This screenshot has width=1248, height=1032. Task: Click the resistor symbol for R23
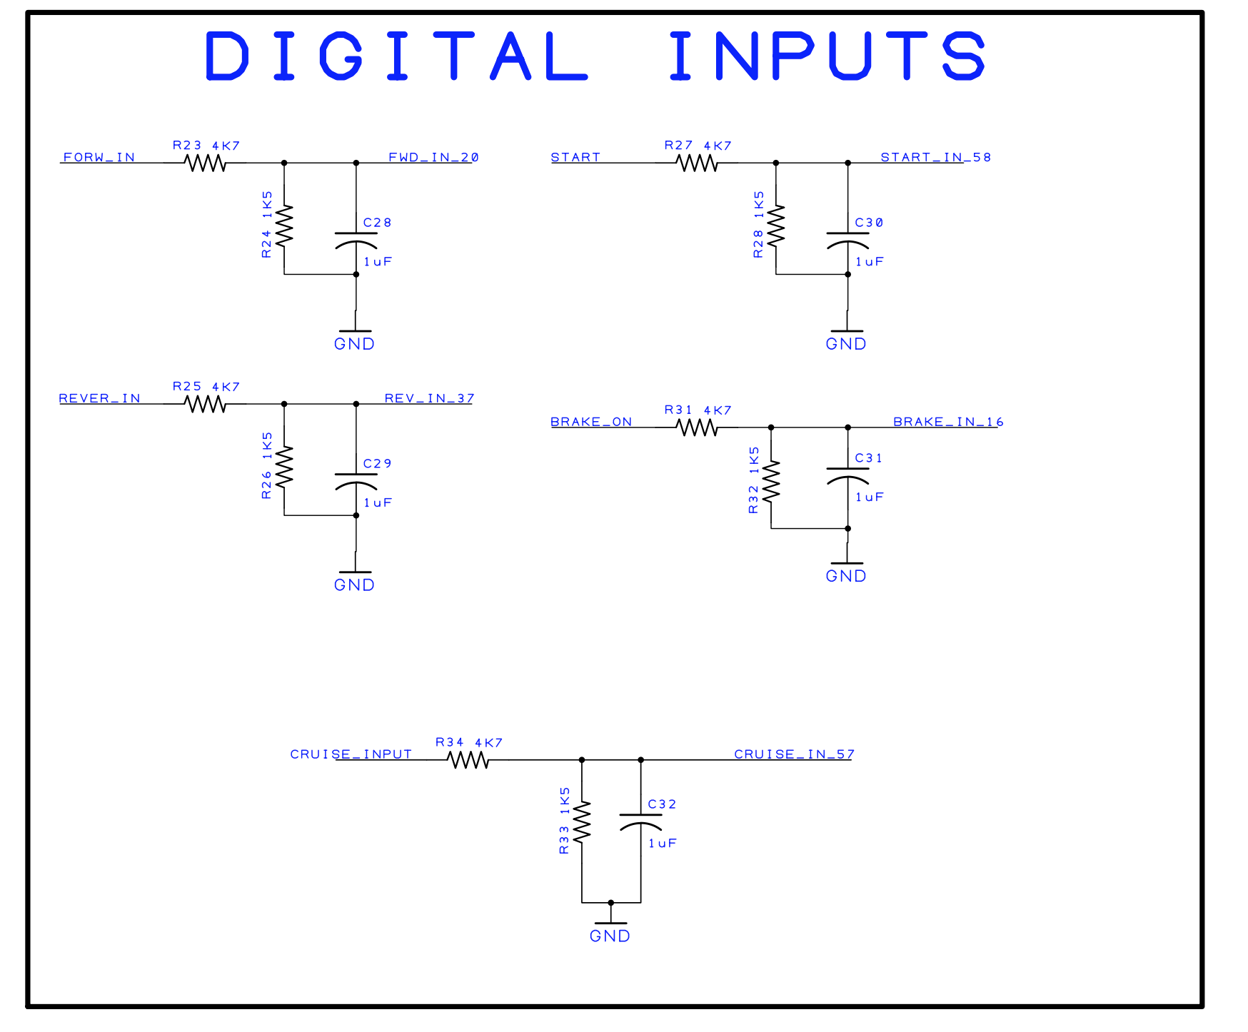206,163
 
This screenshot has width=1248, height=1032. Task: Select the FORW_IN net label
99,157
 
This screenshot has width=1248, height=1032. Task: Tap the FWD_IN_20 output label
433,157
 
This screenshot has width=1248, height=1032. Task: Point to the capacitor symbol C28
356,239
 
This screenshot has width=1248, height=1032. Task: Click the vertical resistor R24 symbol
284,226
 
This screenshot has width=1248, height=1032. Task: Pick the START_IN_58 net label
935,157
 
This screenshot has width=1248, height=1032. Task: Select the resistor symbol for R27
697,163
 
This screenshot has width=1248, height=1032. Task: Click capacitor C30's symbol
847,239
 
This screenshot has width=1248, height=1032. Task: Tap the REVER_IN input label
100,398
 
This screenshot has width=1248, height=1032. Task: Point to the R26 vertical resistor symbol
284,467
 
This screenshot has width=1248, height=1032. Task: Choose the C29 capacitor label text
377,463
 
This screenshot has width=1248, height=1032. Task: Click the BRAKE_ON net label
591,422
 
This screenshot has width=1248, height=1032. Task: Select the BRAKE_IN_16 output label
948,422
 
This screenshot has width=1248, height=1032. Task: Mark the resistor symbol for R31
697,428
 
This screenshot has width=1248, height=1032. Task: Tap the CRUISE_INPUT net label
351,754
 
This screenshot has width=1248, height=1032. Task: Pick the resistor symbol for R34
468,760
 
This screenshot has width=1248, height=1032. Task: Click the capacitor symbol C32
640,821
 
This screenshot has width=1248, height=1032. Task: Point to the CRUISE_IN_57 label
794,754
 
